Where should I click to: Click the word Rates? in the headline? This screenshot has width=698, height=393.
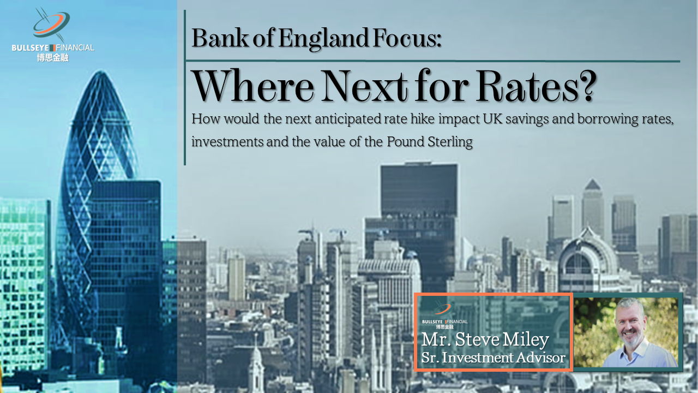[535, 86]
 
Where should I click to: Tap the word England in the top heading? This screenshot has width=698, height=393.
[323, 38]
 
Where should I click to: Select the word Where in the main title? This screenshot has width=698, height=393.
[253, 86]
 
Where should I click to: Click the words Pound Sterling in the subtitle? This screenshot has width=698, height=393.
[430, 142]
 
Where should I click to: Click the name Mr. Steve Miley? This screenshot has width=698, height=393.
[485, 340]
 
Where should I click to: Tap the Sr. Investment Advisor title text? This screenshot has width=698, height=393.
[494, 358]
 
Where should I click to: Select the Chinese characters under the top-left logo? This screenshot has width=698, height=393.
[53, 58]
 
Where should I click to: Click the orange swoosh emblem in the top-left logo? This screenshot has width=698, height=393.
[51, 23]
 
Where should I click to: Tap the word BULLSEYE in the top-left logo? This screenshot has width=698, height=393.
[30, 47]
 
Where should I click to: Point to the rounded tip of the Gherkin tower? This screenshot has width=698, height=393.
[101, 73]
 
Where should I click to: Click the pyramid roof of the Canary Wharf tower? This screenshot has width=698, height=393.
[592, 184]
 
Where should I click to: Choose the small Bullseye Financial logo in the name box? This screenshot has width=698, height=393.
[444, 315]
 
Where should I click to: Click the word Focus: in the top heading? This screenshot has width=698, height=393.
[407, 38]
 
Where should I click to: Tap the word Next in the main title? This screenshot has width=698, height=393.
[365, 86]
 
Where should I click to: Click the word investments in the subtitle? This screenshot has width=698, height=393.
[227, 142]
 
